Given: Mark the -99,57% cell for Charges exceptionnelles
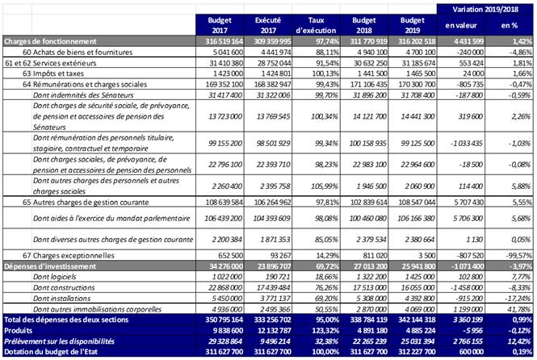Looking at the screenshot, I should click(515, 254).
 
